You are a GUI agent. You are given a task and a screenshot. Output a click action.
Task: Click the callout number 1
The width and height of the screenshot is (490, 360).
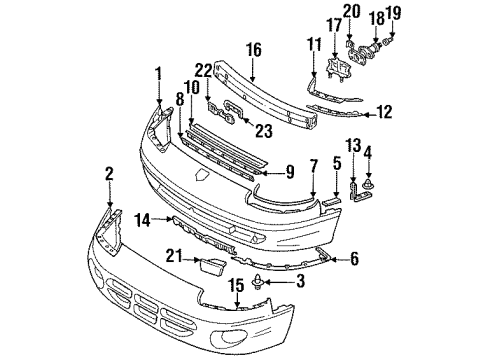coord(157,72)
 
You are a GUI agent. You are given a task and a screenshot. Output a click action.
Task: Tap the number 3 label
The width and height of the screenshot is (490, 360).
coord(300,284)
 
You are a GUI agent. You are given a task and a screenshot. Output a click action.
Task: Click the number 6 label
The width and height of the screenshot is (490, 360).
coord(290,171)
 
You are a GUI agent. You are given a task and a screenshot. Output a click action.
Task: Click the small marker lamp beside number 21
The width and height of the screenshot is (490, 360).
coord(212,263)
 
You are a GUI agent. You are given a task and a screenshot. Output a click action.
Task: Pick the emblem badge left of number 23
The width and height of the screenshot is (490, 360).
coord(228,118)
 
